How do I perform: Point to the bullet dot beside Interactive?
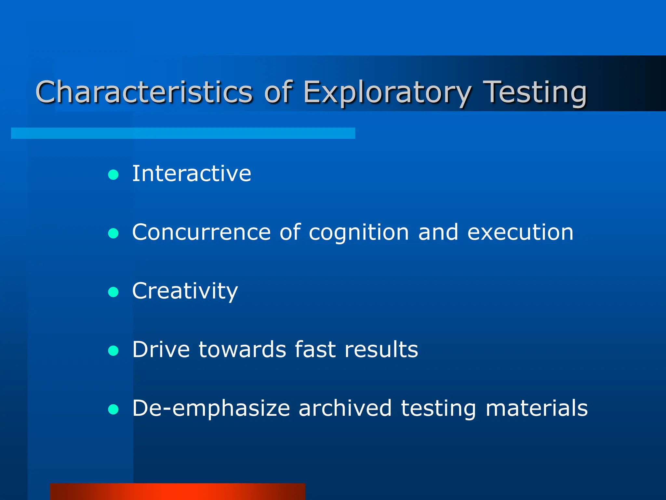tap(113, 175)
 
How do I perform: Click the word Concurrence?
tap(201, 232)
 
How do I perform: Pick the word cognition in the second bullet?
tap(358, 232)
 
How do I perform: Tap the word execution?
tap(520, 232)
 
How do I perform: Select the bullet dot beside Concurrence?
tap(113, 233)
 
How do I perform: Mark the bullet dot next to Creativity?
tap(113, 292)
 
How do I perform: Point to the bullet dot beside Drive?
tap(113, 351)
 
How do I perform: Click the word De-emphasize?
tap(211, 408)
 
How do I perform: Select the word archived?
tap(345, 408)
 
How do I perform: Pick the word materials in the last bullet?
tap(537, 408)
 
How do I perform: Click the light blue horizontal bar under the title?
tap(183, 133)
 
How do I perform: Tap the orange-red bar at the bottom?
tap(178, 492)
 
